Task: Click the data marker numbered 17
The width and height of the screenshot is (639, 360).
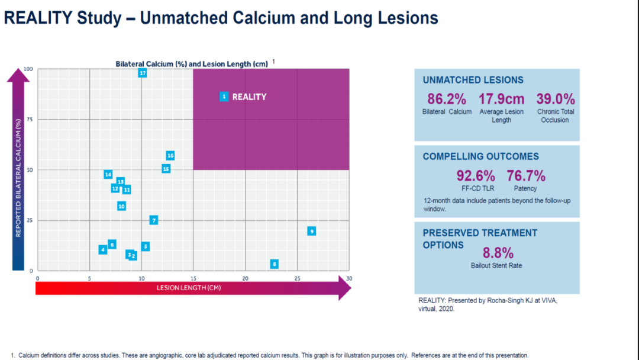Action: click(x=142, y=73)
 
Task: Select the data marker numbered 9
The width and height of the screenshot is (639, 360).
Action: click(x=312, y=231)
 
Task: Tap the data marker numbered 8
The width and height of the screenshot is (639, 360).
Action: click(x=275, y=263)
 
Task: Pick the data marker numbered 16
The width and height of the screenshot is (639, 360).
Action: click(x=170, y=155)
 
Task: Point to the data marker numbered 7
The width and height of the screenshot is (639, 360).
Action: click(x=154, y=220)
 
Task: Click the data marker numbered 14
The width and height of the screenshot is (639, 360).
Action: click(x=108, y=175)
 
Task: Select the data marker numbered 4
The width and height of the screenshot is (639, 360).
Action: click(x=103, y=249)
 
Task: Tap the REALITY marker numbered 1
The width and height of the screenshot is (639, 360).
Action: click(x=224, y=97)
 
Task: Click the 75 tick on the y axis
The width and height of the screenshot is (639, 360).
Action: click(x=30, y=120)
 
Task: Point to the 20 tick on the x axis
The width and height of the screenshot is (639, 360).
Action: click(x=246, y=278)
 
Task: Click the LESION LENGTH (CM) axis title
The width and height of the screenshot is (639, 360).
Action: click(x=189, y=288)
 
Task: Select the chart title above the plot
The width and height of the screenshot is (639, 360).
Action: click(x=192, y=64)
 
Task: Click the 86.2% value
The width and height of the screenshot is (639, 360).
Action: click(x=447, y=99)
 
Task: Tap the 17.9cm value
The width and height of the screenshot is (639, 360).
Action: click(x=501, y=99)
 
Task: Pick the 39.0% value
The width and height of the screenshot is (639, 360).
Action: click(x=556, y=99)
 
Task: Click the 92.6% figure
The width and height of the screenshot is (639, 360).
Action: click(x=476, y=176)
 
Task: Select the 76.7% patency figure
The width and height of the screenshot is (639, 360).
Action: click(x=526, y=176)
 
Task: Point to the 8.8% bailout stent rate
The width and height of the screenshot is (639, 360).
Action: click(x=498, y=253)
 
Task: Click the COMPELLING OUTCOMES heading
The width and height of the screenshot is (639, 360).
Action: click(x=480, y=156)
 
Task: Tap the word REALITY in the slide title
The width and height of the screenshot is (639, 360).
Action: click(x=38, y=18)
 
